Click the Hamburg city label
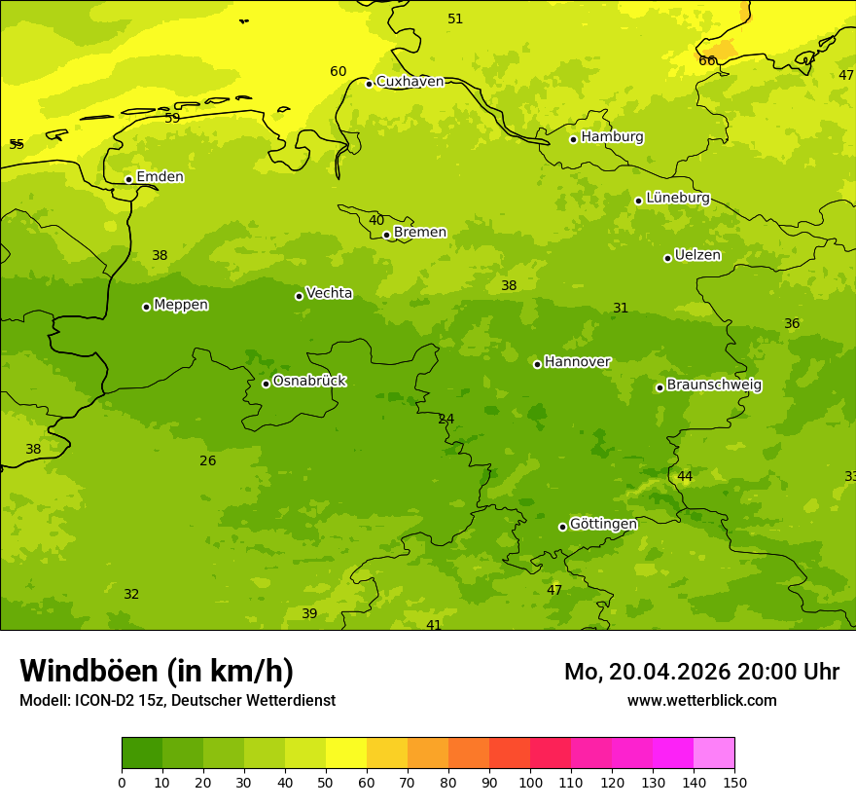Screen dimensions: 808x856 click(x=612, y=137)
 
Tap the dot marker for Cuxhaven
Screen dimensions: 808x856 click(x=369, y=84)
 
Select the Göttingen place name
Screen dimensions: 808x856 click(x=603, y=524)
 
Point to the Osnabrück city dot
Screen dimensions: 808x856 click(x=266, y=384)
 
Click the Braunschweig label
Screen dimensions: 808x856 click(x=714, y=386)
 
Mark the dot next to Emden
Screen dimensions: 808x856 click(x=128, y=179)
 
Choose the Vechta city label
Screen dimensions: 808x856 click(x=329, y=293)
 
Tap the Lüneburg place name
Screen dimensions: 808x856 click(x=677, y=198)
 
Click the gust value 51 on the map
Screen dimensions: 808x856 click(x=455, y=19)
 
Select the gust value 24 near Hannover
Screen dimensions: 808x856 click(x=446, y=420)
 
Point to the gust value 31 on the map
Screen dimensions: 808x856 click(x=621, y=309)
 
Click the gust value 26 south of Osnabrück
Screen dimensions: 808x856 click(x=208, y=461)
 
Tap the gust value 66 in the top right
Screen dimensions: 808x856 click(x=707, y=61)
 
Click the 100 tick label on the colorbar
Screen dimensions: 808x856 click(x=530, y=782)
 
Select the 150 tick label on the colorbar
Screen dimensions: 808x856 click(x=734, y=782)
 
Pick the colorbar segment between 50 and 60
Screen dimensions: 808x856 click(x=346, y=753)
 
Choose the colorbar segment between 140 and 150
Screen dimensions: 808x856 click(x=714, y=753)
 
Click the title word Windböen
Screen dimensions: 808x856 click(x=89, y=671)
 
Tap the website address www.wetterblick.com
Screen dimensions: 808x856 click(x=701, y=701)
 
